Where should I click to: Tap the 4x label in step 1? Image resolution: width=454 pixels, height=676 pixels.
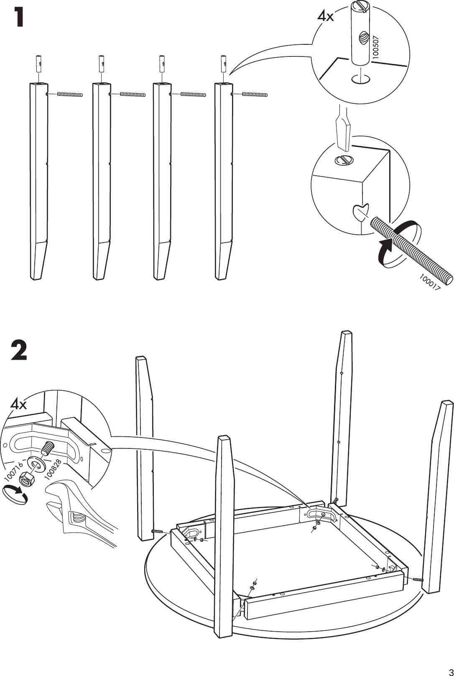325,17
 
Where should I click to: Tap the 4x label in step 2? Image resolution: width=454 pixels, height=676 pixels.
18,404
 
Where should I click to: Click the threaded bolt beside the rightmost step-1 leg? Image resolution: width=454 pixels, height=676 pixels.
255,95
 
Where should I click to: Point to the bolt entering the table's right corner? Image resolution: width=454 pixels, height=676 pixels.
417,579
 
